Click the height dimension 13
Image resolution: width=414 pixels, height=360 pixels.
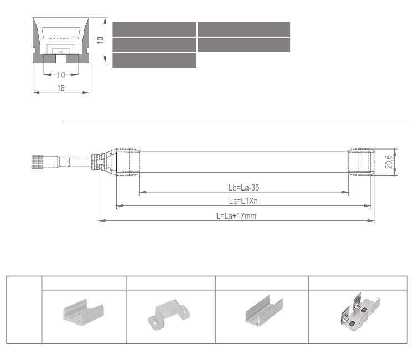tap(100, 40)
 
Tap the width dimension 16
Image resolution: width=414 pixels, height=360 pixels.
tap(61, 88)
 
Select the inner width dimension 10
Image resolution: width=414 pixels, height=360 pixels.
tap(61, 75)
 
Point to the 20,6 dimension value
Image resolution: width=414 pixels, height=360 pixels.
tap(389, 162)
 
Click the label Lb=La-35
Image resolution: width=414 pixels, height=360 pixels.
tap(244, 188)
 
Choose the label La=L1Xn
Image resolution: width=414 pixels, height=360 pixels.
tap(243, 201)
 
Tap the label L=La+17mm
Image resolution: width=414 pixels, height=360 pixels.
tap(236, 216)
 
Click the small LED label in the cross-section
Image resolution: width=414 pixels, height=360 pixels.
tap(60, 52)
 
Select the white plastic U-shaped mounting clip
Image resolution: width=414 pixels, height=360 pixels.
tap(84, 310)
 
